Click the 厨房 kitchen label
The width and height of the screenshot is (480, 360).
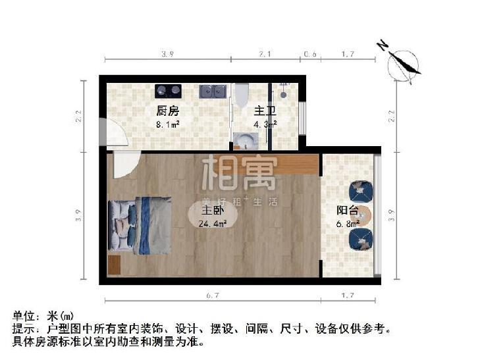(x=167, y=111)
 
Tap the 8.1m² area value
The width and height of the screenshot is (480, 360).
(x=167, y=122)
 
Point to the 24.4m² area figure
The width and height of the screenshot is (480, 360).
(x=213, y=223)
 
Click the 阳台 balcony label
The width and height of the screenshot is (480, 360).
(x=348, y=211)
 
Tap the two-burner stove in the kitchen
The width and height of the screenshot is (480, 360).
(x=167, y=90)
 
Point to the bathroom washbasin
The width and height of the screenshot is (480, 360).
(x=247, y=140)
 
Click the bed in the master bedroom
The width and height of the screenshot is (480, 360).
(x=142, y=225)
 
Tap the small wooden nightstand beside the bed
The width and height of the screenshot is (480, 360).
(x=114, y=265)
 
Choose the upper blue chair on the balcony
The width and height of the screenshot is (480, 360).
(x=361, y=191)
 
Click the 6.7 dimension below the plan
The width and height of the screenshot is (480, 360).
(x=210, y=296)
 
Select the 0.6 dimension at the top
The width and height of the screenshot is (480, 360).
(x=309, y=55)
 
